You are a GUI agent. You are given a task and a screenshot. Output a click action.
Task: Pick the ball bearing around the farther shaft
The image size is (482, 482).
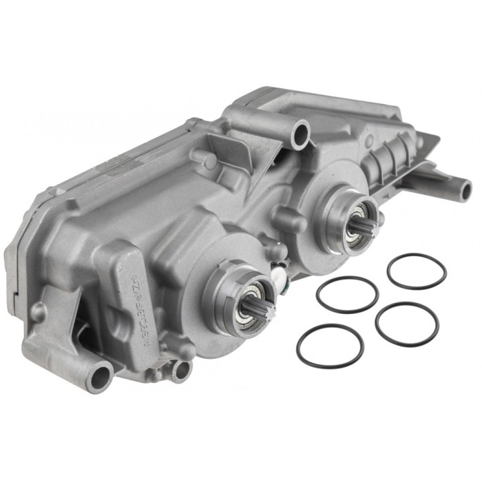click(352, 214)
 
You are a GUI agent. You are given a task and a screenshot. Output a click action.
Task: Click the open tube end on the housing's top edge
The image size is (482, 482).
click(301, 133)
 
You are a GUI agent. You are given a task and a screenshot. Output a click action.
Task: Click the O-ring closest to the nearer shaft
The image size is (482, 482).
click(347, 294)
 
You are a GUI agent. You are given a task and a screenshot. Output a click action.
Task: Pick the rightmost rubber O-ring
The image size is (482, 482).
click(407, 324)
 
